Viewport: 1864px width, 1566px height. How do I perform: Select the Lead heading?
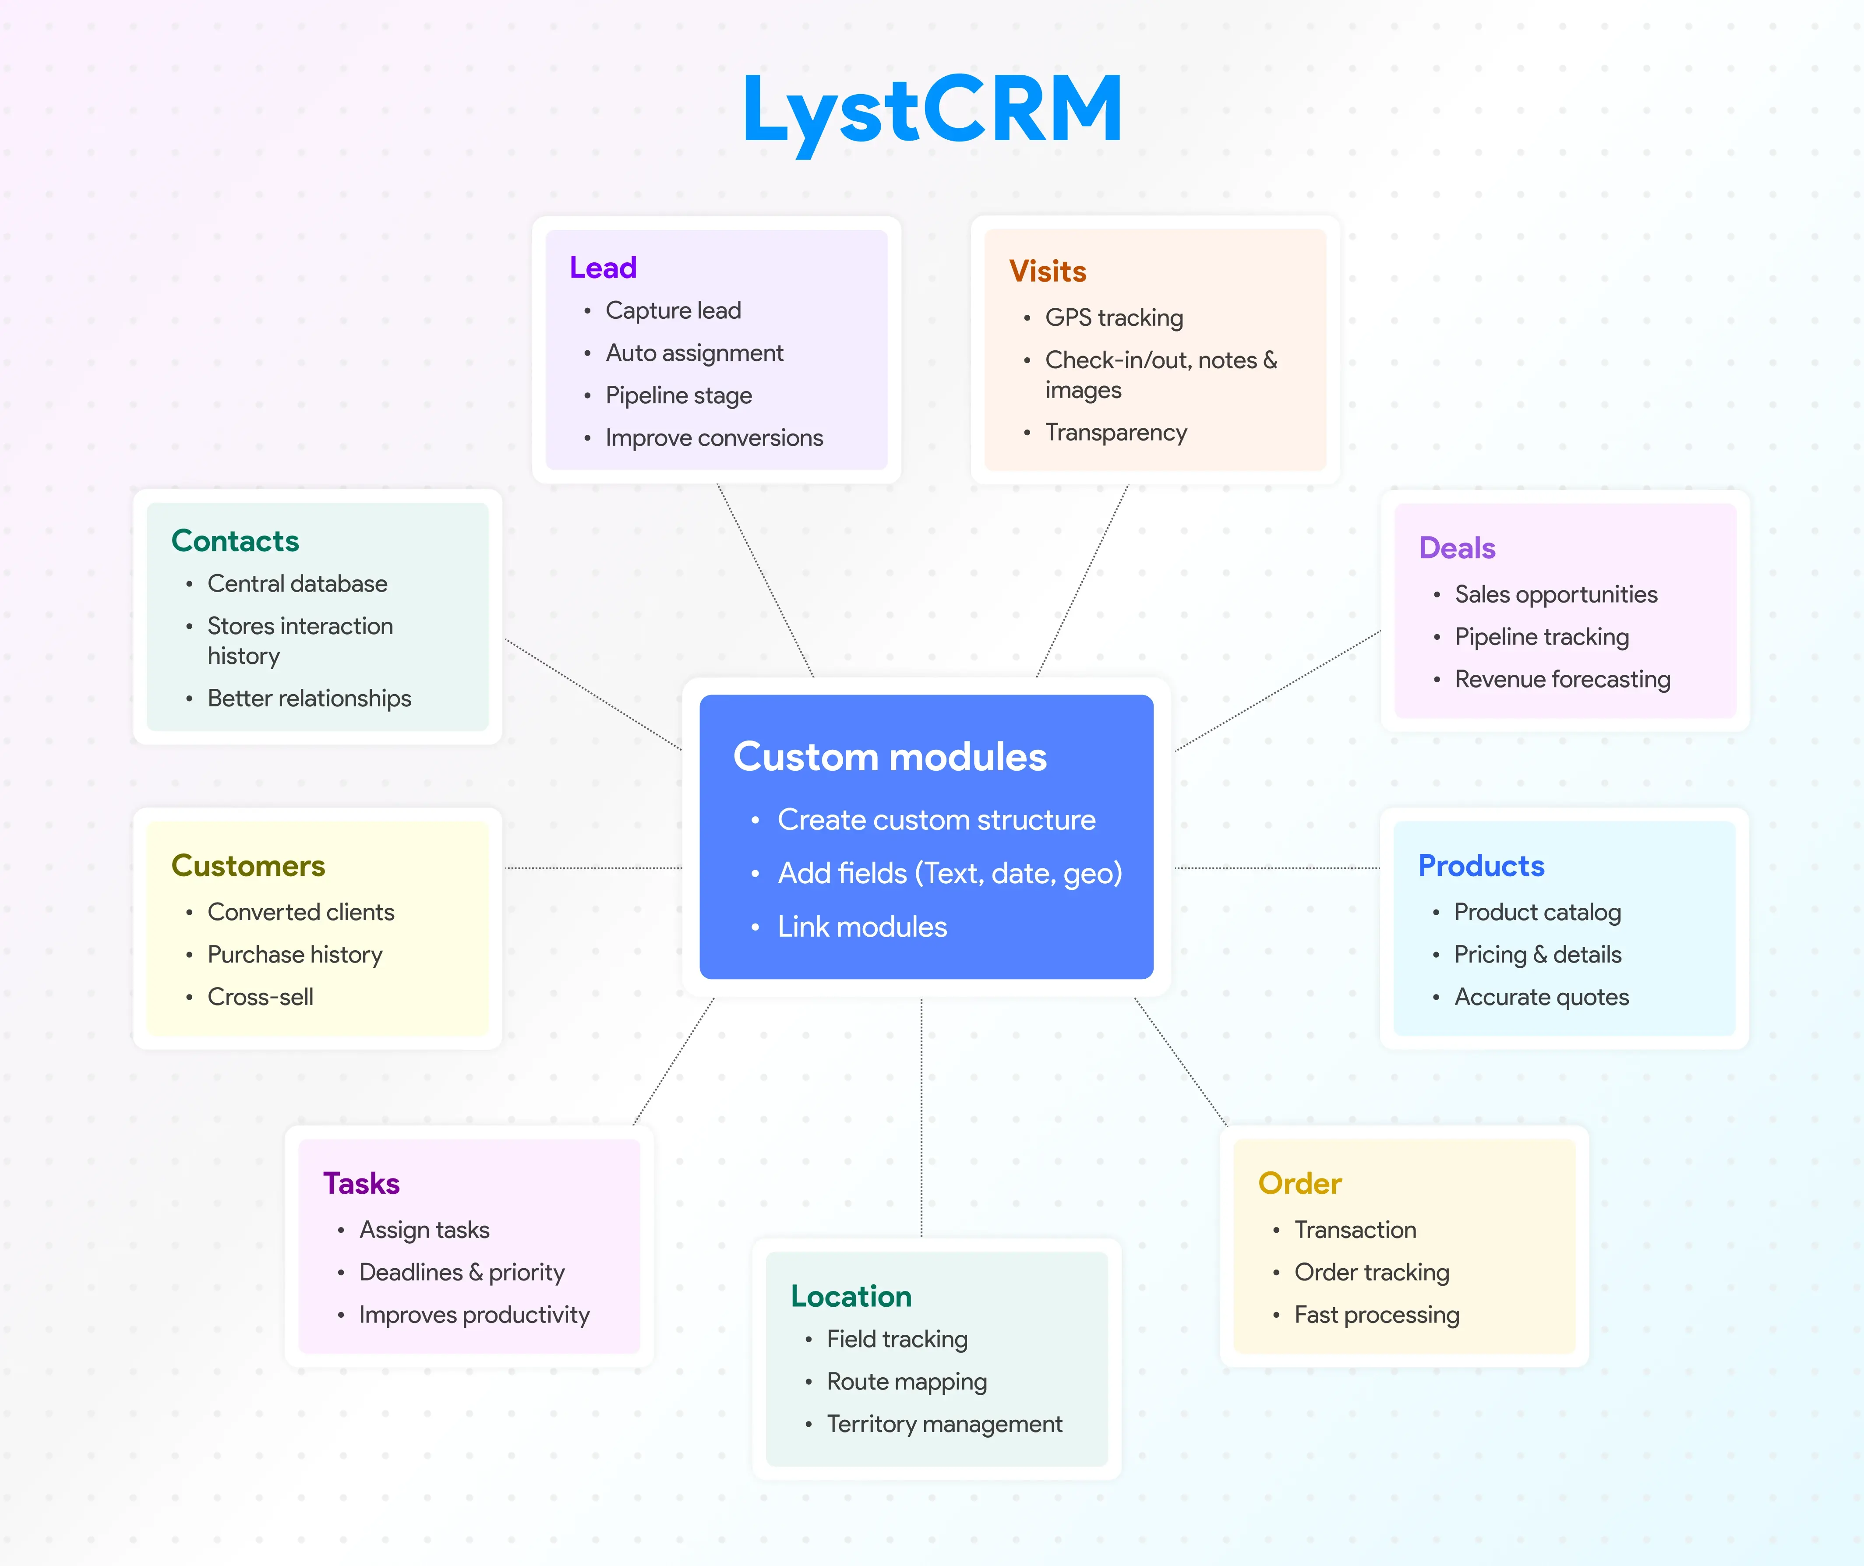tap(603, 267)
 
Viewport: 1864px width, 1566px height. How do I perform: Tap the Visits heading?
tap(1047, 271)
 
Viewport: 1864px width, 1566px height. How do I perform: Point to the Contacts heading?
tap(235, 541)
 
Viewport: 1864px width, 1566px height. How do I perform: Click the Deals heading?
tap(1457, 548)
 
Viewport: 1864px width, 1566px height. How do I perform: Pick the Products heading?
tap(1480, 866)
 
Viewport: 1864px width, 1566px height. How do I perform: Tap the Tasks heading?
tap(361, 1183)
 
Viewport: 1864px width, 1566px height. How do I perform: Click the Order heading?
tap(1299, 1183)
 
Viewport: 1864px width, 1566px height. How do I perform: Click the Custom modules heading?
tap(890, 757)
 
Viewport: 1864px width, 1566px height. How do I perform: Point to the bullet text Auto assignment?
tap(694, 353)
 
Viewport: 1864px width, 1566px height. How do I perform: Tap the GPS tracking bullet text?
tap(1114, 318)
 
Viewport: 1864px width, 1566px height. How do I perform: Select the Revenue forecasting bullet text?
tap(1562, 679)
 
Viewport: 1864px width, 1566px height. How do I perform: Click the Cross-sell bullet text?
tap(260, 997)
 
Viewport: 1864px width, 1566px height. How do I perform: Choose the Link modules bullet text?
tap(862, 927)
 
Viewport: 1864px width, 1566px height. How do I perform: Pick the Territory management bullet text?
tap(944, 1424)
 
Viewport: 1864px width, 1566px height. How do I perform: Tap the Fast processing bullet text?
tap(1376, 1315)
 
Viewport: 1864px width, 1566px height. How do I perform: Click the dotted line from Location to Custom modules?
tap(921, 1118)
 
